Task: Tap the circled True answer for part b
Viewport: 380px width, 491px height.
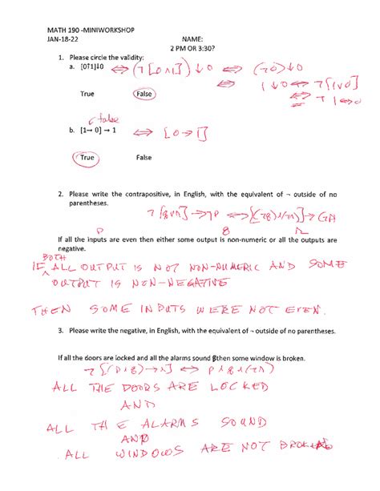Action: click(x=88, y=159)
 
